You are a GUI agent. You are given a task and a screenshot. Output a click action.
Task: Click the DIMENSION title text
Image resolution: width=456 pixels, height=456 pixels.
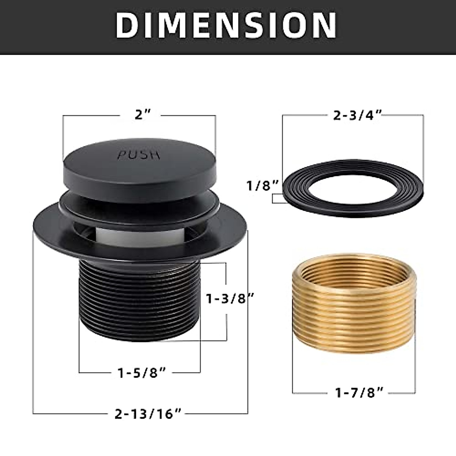[226, 25]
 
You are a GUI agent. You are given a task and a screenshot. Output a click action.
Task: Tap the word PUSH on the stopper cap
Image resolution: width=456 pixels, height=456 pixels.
[138, 155]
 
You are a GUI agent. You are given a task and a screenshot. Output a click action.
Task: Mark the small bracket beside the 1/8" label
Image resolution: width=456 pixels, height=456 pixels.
[278, 199]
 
